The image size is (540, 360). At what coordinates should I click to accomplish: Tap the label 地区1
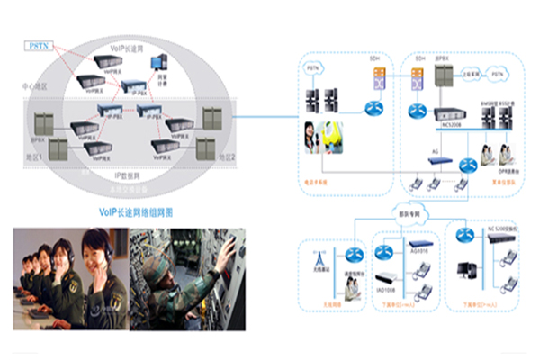tap(35, 157)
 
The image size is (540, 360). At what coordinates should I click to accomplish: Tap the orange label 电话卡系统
tap(317, 183)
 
